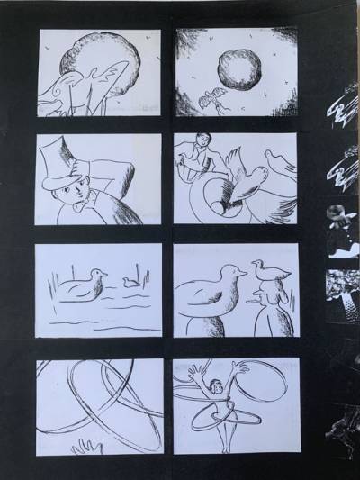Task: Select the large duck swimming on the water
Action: pos(78,285)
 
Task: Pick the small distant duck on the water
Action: pos(131,281)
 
